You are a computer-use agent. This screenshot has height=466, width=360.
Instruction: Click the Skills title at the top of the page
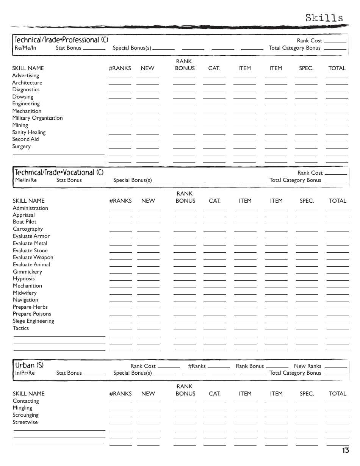tap(324, 18)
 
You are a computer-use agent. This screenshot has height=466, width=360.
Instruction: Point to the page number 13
tap(345, 450)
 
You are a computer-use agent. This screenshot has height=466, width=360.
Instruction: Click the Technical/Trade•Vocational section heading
tap(59, 172)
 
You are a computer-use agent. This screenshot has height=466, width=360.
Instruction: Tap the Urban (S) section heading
tap(29, 365)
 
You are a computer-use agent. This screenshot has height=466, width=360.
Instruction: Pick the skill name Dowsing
tap(23, 97)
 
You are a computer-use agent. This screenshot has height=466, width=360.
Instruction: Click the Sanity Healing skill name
tap(29, 132)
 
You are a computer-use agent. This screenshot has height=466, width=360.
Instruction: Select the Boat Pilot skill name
tap(25, 222)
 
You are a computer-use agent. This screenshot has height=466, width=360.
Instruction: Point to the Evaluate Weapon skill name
tap(33, 257)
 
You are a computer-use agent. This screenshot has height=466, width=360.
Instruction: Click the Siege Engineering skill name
tap(33, 321)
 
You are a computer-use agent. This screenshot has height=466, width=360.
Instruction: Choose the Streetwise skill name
tap(25, 422)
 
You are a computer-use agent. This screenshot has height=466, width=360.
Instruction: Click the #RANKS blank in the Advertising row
tap(120, 77)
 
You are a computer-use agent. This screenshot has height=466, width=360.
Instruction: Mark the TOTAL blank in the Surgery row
tap(337, 148)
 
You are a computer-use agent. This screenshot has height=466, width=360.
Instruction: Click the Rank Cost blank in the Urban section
tap(169, 367)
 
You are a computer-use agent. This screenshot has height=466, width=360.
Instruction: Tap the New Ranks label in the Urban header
tap(307, 366)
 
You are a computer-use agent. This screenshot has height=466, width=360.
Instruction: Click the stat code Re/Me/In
tap(25, 48)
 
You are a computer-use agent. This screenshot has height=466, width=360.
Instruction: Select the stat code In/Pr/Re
tap(25, 373)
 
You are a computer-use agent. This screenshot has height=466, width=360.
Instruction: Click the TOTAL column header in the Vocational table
tap(337, 201)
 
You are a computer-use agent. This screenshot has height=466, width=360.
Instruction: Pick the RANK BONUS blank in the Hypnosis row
tap(185, 280)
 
